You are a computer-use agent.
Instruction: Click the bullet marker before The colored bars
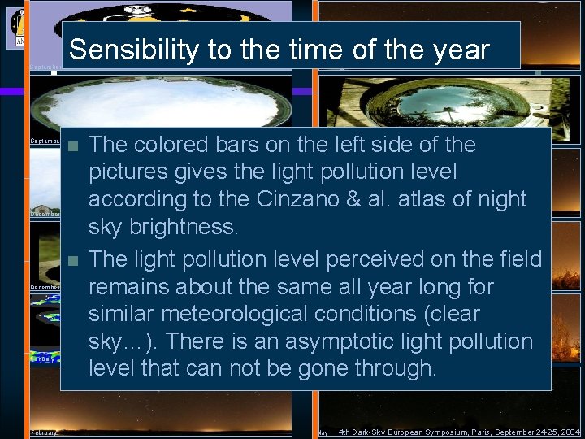pos(73,148)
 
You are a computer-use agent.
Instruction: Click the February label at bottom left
pos(44,432)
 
